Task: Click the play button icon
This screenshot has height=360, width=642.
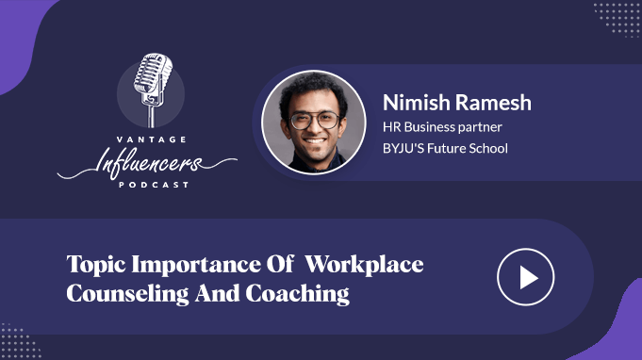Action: pos(526,277)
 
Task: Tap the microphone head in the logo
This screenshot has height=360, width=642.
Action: pos(153,74)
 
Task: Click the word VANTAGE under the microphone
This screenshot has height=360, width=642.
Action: pos(152,139)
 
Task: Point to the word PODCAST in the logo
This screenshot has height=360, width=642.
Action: pos(154,185)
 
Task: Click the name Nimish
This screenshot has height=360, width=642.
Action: pos(417,103)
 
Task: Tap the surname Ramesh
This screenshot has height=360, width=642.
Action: pos(493,103)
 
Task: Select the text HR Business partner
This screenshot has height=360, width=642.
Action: pos(442,127)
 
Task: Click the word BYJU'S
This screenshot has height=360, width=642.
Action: pos(403,148)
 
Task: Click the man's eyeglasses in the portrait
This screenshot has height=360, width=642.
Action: pos(315,121)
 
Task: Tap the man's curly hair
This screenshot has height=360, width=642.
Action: pos(313,90)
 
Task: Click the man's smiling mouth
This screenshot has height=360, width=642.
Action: pos(315,140)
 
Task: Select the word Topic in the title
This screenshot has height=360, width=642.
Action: pos(96,265)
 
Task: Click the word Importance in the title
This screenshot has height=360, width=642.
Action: pos(196,265)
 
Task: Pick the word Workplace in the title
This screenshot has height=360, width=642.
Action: pos(365,264)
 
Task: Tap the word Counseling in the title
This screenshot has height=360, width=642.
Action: pos(128,295)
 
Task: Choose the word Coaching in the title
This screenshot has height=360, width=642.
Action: pos(297,295)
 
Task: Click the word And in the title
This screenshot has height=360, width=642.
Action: pos(217,293)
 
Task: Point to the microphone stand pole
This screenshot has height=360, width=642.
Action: pos(152,116)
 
